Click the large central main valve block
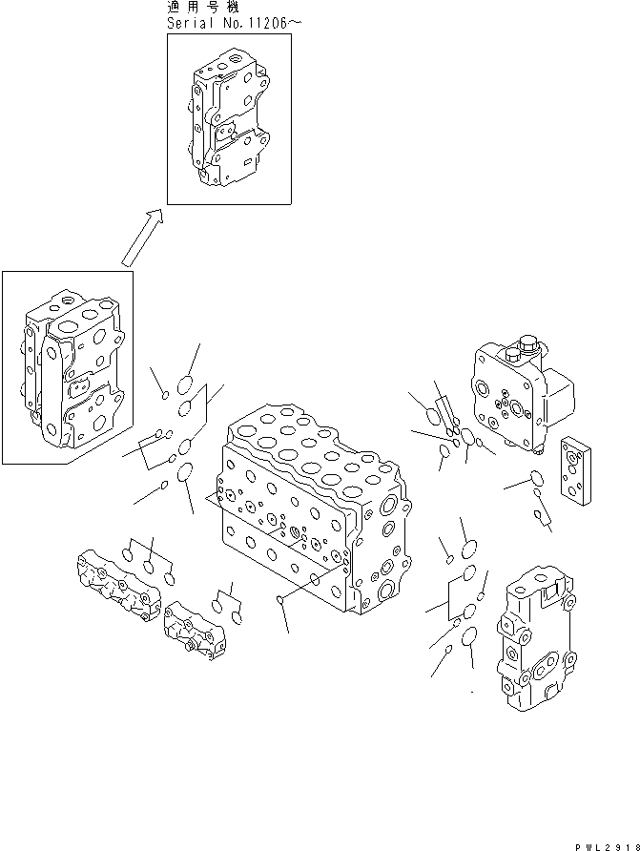pyautogui.click(x=310, y=510)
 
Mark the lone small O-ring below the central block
pyautogui.click(x=278, y=599)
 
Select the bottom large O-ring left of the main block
pyautogui.click(x=184, y=472)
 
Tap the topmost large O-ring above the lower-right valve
pyautogui.click(x=467, y=549)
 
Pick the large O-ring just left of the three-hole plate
pyautogui.click(x=536, y=478)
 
